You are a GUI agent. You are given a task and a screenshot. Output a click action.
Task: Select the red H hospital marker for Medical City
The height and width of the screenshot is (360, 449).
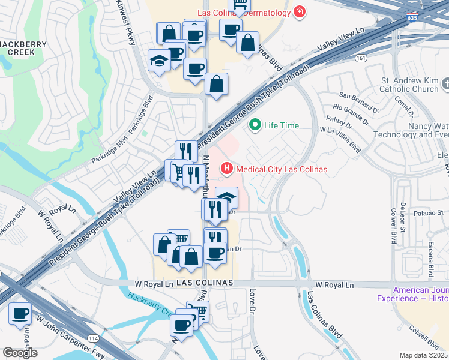pos(227,169)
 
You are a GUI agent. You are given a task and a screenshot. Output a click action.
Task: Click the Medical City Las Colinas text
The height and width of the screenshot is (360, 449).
pos(282,169)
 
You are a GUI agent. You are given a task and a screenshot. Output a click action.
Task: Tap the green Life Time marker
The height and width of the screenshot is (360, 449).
pos(255,125)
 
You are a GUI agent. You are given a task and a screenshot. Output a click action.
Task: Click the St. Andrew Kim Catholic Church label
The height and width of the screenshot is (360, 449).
pos(410,85)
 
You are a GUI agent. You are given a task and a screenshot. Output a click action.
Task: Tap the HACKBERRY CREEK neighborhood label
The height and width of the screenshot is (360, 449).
pos(18,48)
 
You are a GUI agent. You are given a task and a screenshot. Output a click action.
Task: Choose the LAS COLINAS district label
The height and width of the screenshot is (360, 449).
pos(193,283)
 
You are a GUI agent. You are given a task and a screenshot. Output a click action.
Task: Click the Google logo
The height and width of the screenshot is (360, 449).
pos(20,352)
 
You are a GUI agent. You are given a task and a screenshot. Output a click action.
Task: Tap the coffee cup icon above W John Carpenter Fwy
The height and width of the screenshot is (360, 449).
pos(20,314)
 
